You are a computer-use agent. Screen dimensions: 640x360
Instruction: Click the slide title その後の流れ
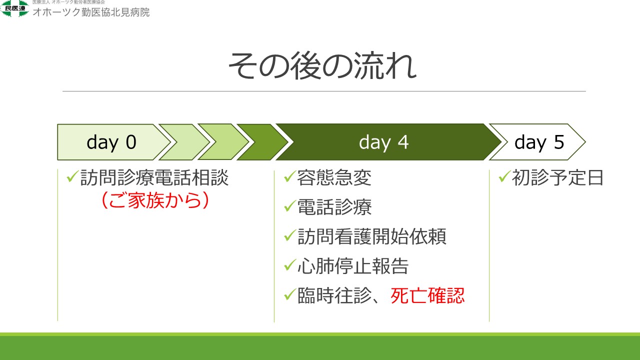[x=322, y=66]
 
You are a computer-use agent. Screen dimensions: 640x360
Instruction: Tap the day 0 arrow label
[x=111, y=142]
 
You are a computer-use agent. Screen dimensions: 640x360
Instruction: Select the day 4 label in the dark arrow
[x=383, y=142]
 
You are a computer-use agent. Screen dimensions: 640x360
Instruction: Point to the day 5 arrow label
[x=539, y=142]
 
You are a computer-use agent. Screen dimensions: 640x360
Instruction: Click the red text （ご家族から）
[x=155, y=200]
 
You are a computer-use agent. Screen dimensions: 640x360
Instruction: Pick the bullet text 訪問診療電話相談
[x=154, y=177]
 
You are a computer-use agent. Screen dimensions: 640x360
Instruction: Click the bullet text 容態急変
[x=334, y=177]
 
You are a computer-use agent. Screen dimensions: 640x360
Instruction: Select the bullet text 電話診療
[x=334, y=207]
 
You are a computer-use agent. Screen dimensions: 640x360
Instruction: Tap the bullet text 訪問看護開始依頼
[x=371, y=236]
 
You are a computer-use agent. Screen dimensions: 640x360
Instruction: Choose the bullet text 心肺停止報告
[x=353, y=266]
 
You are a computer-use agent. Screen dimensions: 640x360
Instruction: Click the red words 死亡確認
[x=427, y=295]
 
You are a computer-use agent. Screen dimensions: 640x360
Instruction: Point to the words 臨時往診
[x=334, y=295]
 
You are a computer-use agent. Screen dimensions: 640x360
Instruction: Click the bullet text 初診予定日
[x=557, y=177]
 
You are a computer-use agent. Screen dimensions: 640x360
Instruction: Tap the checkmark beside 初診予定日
[x=504, y=176]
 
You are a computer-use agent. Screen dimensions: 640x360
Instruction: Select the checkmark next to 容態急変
[x=290, y=176]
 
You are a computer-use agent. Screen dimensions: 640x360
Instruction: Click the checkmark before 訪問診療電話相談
[x=72, y=176]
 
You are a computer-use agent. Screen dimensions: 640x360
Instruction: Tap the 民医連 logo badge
[x=14, y=8]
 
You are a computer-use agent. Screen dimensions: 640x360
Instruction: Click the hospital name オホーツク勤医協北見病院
[x=91, y=12]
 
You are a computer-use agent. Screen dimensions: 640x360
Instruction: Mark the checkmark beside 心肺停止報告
[x=290, y=265]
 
